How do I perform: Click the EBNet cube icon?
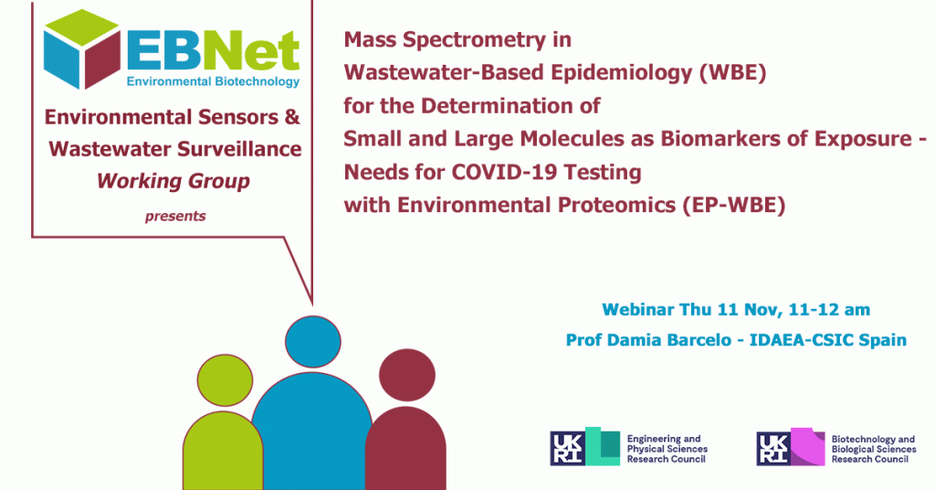point(81,49)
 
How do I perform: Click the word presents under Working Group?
point(175,216)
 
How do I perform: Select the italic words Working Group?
point(173,181)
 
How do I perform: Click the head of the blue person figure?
point(313,342)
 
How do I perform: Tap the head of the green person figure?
point(225,380)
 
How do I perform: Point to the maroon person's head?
point(407,376)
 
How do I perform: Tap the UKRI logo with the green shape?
point(585,446)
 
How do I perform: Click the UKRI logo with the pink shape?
point(791,446)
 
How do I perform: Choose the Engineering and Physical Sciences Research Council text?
point(667,449)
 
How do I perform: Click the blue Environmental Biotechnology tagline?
point(213,81)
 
